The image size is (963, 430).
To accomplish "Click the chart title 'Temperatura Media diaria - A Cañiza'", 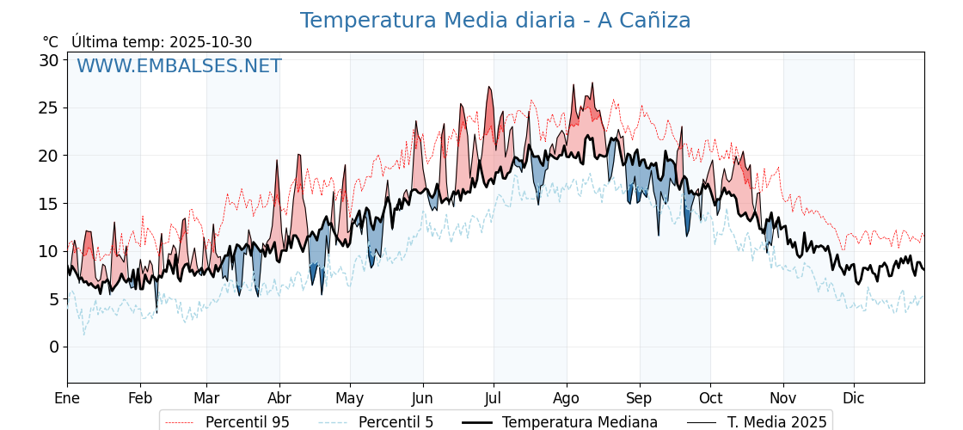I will click(x=494, y=21).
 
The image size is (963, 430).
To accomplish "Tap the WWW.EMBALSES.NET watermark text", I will click(x=179, y=66).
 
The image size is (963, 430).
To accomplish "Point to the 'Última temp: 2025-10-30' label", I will click(x=162, y=42).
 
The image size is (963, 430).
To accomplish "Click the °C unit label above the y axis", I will click(x=51, y=42).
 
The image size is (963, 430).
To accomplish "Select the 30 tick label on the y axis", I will click(x=48, y=60).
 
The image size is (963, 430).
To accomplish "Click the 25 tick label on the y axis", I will click(x=48, y=108).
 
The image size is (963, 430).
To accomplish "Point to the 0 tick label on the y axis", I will click(x=53, y=347).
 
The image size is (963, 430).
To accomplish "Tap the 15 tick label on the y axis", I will click(x=48, y=204).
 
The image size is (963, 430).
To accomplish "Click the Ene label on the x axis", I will click(x=67, y=398).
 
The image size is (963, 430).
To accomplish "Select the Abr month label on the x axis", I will click(x=279, y=398).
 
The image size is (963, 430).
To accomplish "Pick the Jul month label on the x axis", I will click(x=494, y=398).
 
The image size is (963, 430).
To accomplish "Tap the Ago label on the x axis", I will click(x=567, y=398).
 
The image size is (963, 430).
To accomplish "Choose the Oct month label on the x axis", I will click(x=710, y=398).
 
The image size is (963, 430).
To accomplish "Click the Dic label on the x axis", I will click(x=854, y=398).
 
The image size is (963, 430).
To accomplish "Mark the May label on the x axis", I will click(x=350, y=398).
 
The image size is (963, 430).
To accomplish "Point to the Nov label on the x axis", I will click(x=783, y=398).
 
